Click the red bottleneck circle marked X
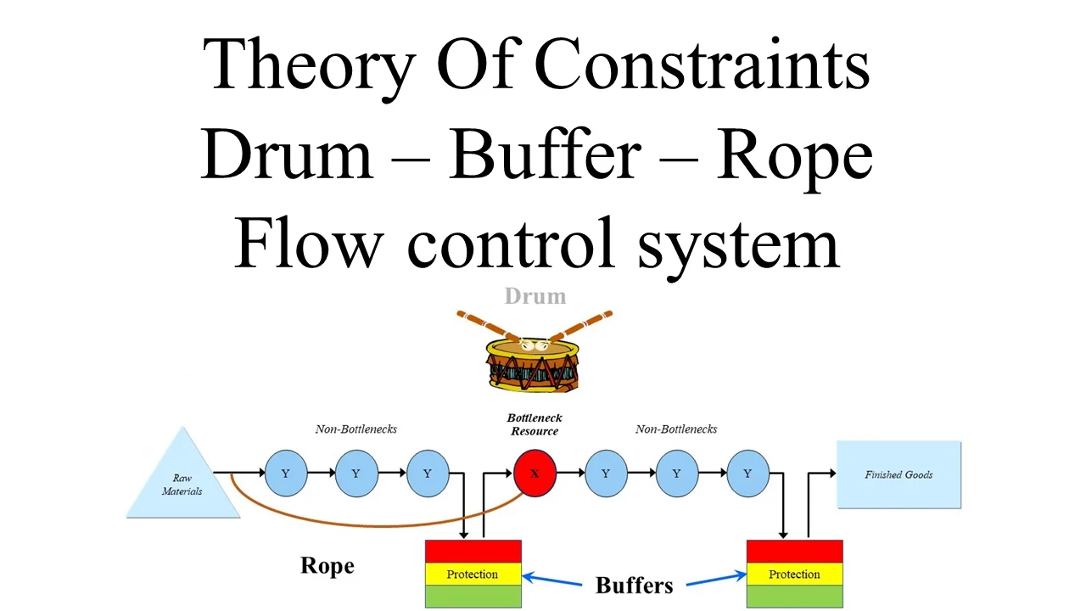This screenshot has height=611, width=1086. pos(535,474)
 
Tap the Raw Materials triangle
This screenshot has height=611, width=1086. pos(182,481)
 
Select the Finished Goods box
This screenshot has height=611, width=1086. pos(898,474)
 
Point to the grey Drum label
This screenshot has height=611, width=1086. pos(535,296)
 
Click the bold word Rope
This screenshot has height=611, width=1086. pos(327,566)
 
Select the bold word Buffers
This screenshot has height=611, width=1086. pos(634,585)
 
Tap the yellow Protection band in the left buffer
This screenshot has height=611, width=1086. pos(473,575)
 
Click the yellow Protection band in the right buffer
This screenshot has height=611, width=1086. pos(794,575)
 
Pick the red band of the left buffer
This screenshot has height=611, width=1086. pos(473,551)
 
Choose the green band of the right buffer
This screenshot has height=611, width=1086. pos(794,597)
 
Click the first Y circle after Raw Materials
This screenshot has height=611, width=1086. pos(286,474)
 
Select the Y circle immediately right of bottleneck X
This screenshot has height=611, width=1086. pos(606,474)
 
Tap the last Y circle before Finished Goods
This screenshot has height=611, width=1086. pos(747,474)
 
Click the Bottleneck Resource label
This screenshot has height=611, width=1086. pos(535,424)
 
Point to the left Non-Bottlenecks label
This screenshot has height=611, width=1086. pos(355,429)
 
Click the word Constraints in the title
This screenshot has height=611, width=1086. pos(702,64)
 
